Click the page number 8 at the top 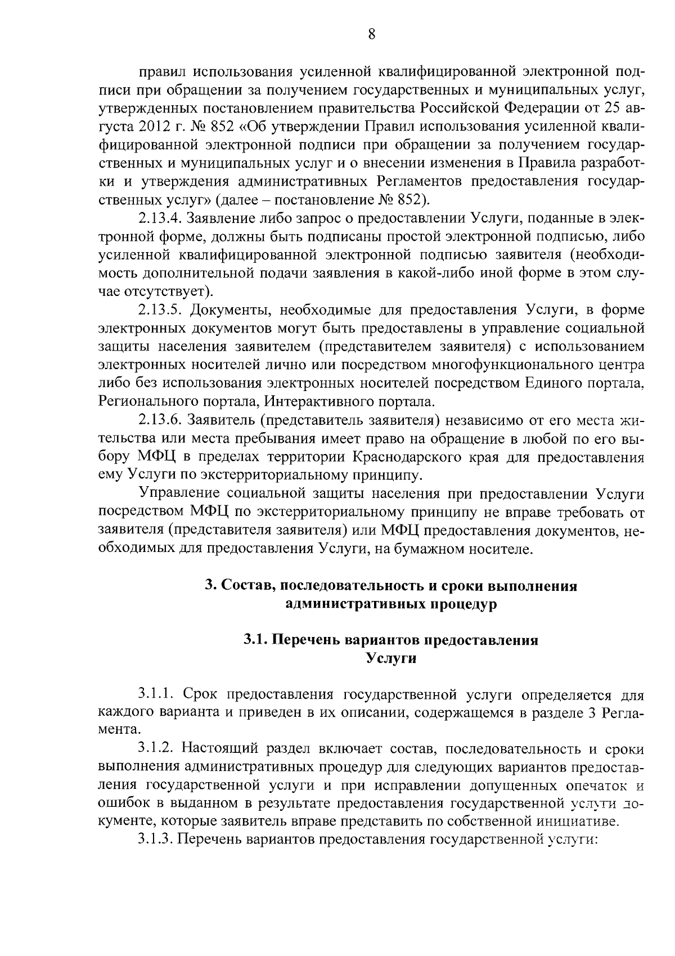[x=371, y=35]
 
